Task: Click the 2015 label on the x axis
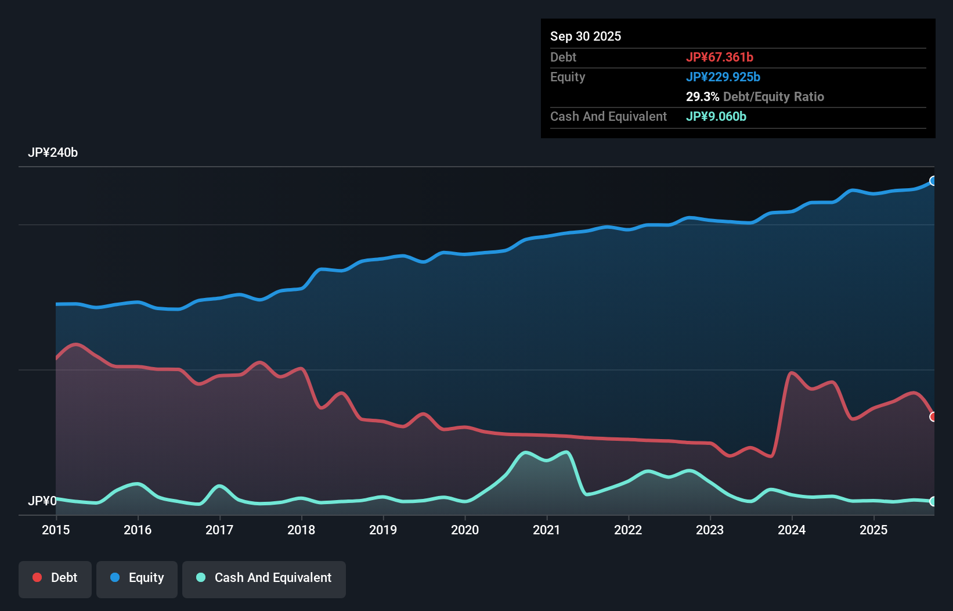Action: click(x=56, y=530)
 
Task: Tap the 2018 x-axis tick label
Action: click(x=301, y=530)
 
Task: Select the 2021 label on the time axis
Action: click(x=546, y=530)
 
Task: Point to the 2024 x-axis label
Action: click(x=792, y=530)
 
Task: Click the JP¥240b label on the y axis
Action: click(x=53, y=153)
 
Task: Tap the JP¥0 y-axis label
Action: click(x=42, y=501)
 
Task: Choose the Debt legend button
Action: click(x=55, y=578)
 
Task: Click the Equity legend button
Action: click(x=137, y=578)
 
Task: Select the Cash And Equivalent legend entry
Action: click(x=264, y=578)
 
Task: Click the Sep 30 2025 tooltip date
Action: click(x=585, y=36)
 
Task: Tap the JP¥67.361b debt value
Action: click(x=719, y=57)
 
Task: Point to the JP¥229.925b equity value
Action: click(x=723, y=77)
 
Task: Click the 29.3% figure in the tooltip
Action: click(x=702, y=96)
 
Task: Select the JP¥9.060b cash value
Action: click(x=716, y=116)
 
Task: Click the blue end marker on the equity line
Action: click(x=933, y=181)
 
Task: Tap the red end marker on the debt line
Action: click(x=933, y=416)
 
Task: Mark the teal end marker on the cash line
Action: click(x=933, y=501)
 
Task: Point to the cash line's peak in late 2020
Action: click(x=526, y=452)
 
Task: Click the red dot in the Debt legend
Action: click(x=37, y=577)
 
